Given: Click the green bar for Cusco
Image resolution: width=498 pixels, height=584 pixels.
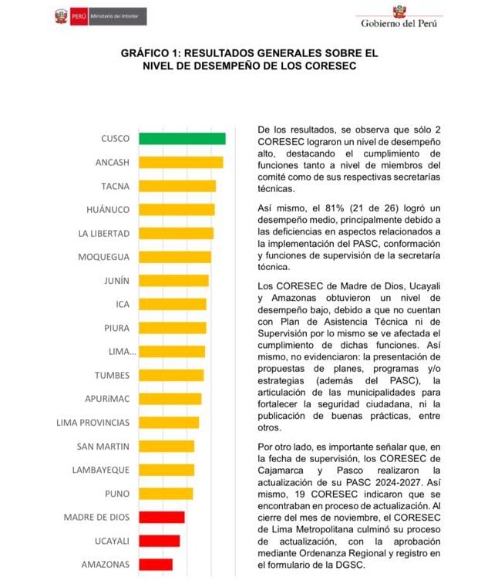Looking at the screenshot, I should coord(182,139).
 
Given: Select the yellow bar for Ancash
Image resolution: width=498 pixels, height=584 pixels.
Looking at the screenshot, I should coord(180,162).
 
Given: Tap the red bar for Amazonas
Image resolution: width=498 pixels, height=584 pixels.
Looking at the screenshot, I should coord(156,564).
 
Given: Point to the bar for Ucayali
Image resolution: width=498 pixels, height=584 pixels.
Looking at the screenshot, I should coord(159,541).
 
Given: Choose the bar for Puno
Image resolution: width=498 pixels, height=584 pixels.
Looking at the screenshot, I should coord(166,494).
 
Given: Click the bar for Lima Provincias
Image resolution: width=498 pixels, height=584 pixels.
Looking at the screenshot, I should coord(169,423).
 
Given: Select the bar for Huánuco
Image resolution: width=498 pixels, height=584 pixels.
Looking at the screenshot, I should coord(177,210).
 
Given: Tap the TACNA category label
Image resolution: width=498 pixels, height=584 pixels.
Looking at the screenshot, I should coord(115,186).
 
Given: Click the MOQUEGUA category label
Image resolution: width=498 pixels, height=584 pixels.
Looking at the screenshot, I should coord(104,257).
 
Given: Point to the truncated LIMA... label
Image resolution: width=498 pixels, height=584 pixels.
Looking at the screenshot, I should coord(123,352).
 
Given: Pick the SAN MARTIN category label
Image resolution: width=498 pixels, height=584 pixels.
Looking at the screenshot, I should coord(103,446).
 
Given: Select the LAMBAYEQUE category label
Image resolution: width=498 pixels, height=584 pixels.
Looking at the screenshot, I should coord(100,470).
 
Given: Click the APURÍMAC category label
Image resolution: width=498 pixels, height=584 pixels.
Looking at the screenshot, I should coord(107,399).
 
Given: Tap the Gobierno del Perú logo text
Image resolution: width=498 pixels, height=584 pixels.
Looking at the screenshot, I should coord(399,23).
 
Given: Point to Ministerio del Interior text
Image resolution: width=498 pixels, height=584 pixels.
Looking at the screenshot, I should coord(116,15).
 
